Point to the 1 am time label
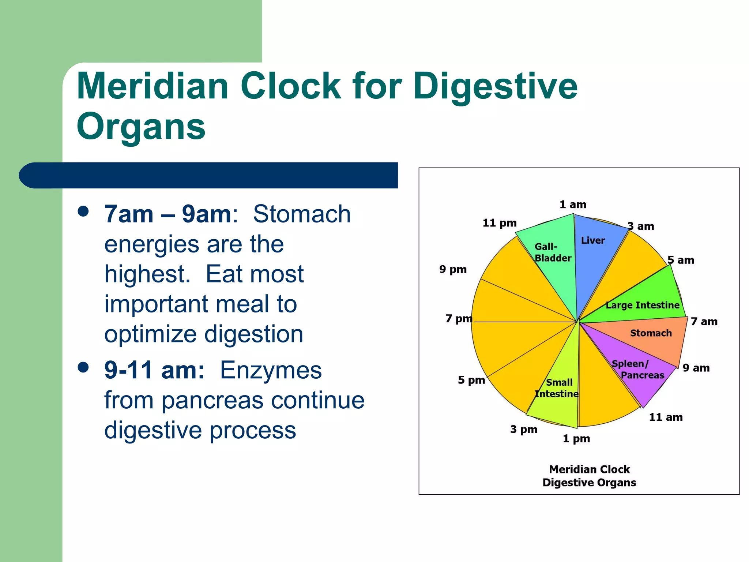pyautogui.click(x=573, y=205)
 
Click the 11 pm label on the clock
pyautogui.click(x=499, y=223)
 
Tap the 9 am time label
pyautogui.click(x=696, y=368)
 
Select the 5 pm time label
pyautogui.click(x=471, y=380)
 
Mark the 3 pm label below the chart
pyautogui.click(x=523, y=429)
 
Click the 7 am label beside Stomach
pyautogui.click(x=704, y=322)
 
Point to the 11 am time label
pyautogui.click(x=665, y=417)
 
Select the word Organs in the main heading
pyautogui.click(x=141, y=127)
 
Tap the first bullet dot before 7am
pyautogui.click(x=83, y=211)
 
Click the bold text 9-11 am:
pyautogui.click(x=154, y=370)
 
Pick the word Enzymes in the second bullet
pyautogui.click(x=271, y=370)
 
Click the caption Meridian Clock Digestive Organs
pyautogui.click(x=589, y=476)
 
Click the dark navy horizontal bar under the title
pyautogui.click(x=208, y=175)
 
